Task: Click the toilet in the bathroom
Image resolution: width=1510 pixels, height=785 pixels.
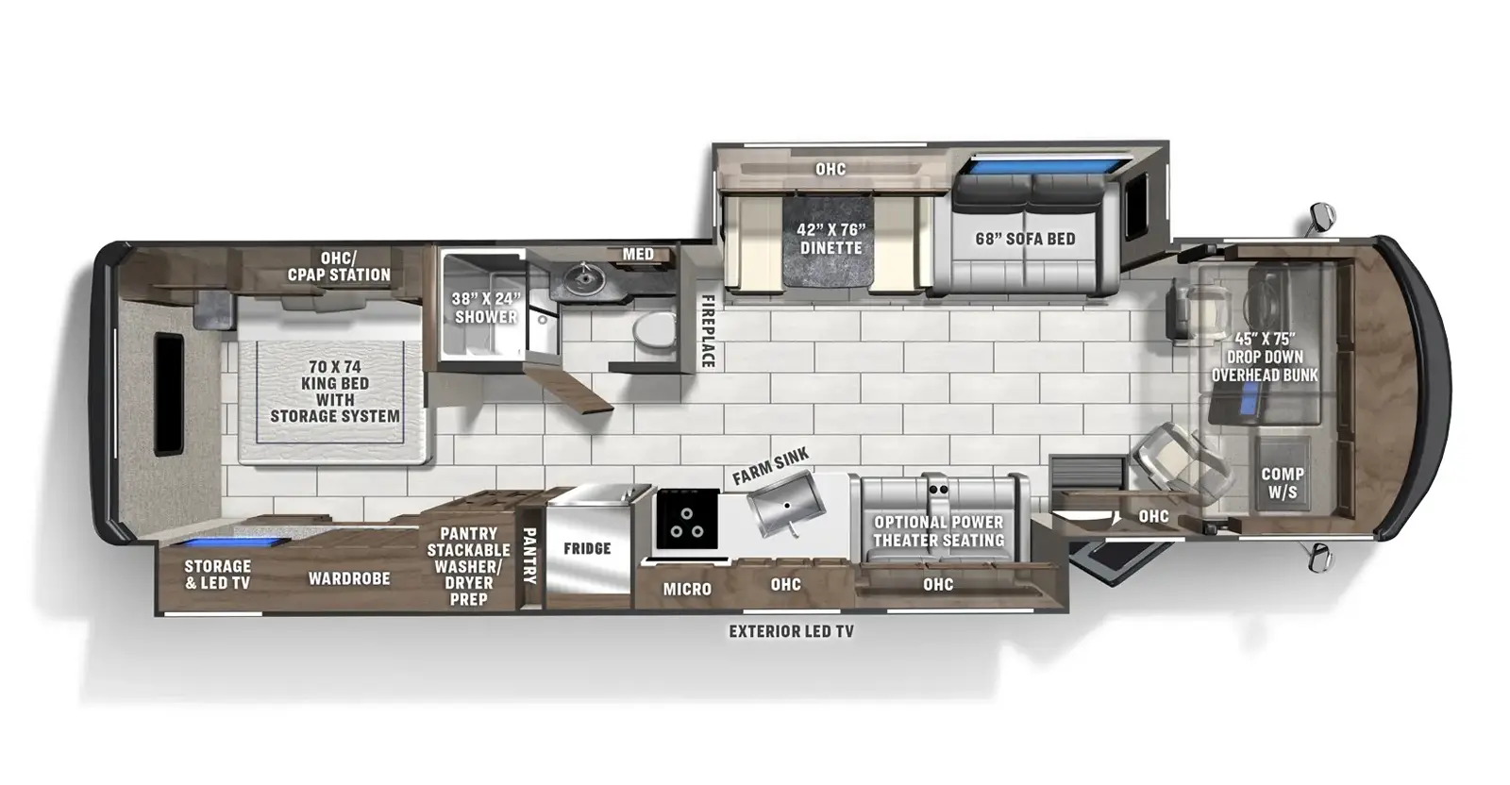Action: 653,330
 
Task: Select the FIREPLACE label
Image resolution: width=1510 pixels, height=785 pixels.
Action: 706,330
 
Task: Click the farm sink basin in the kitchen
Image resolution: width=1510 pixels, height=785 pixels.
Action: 784,507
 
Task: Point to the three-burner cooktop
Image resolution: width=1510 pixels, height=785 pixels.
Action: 686,518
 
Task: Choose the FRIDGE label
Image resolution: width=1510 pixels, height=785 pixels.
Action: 587,548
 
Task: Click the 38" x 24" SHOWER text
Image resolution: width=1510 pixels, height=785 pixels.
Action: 485,308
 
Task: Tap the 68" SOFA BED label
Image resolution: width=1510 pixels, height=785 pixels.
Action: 1025,239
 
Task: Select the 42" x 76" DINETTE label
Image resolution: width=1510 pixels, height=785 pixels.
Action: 830,239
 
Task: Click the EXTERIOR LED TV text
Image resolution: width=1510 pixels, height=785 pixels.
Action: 791,631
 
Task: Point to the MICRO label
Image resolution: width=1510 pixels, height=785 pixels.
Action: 687,589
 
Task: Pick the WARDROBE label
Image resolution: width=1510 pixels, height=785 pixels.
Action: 349,578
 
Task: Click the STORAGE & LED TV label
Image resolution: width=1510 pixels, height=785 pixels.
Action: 217,575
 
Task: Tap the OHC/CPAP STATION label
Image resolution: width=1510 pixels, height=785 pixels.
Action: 339,266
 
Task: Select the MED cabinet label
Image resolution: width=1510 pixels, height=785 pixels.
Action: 638,254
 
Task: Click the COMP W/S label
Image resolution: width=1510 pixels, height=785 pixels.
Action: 1283,482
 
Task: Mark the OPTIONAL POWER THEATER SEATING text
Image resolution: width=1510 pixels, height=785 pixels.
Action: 938,531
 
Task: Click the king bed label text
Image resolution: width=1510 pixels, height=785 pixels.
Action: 335,391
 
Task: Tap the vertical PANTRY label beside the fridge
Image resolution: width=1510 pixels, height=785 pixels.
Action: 529,555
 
